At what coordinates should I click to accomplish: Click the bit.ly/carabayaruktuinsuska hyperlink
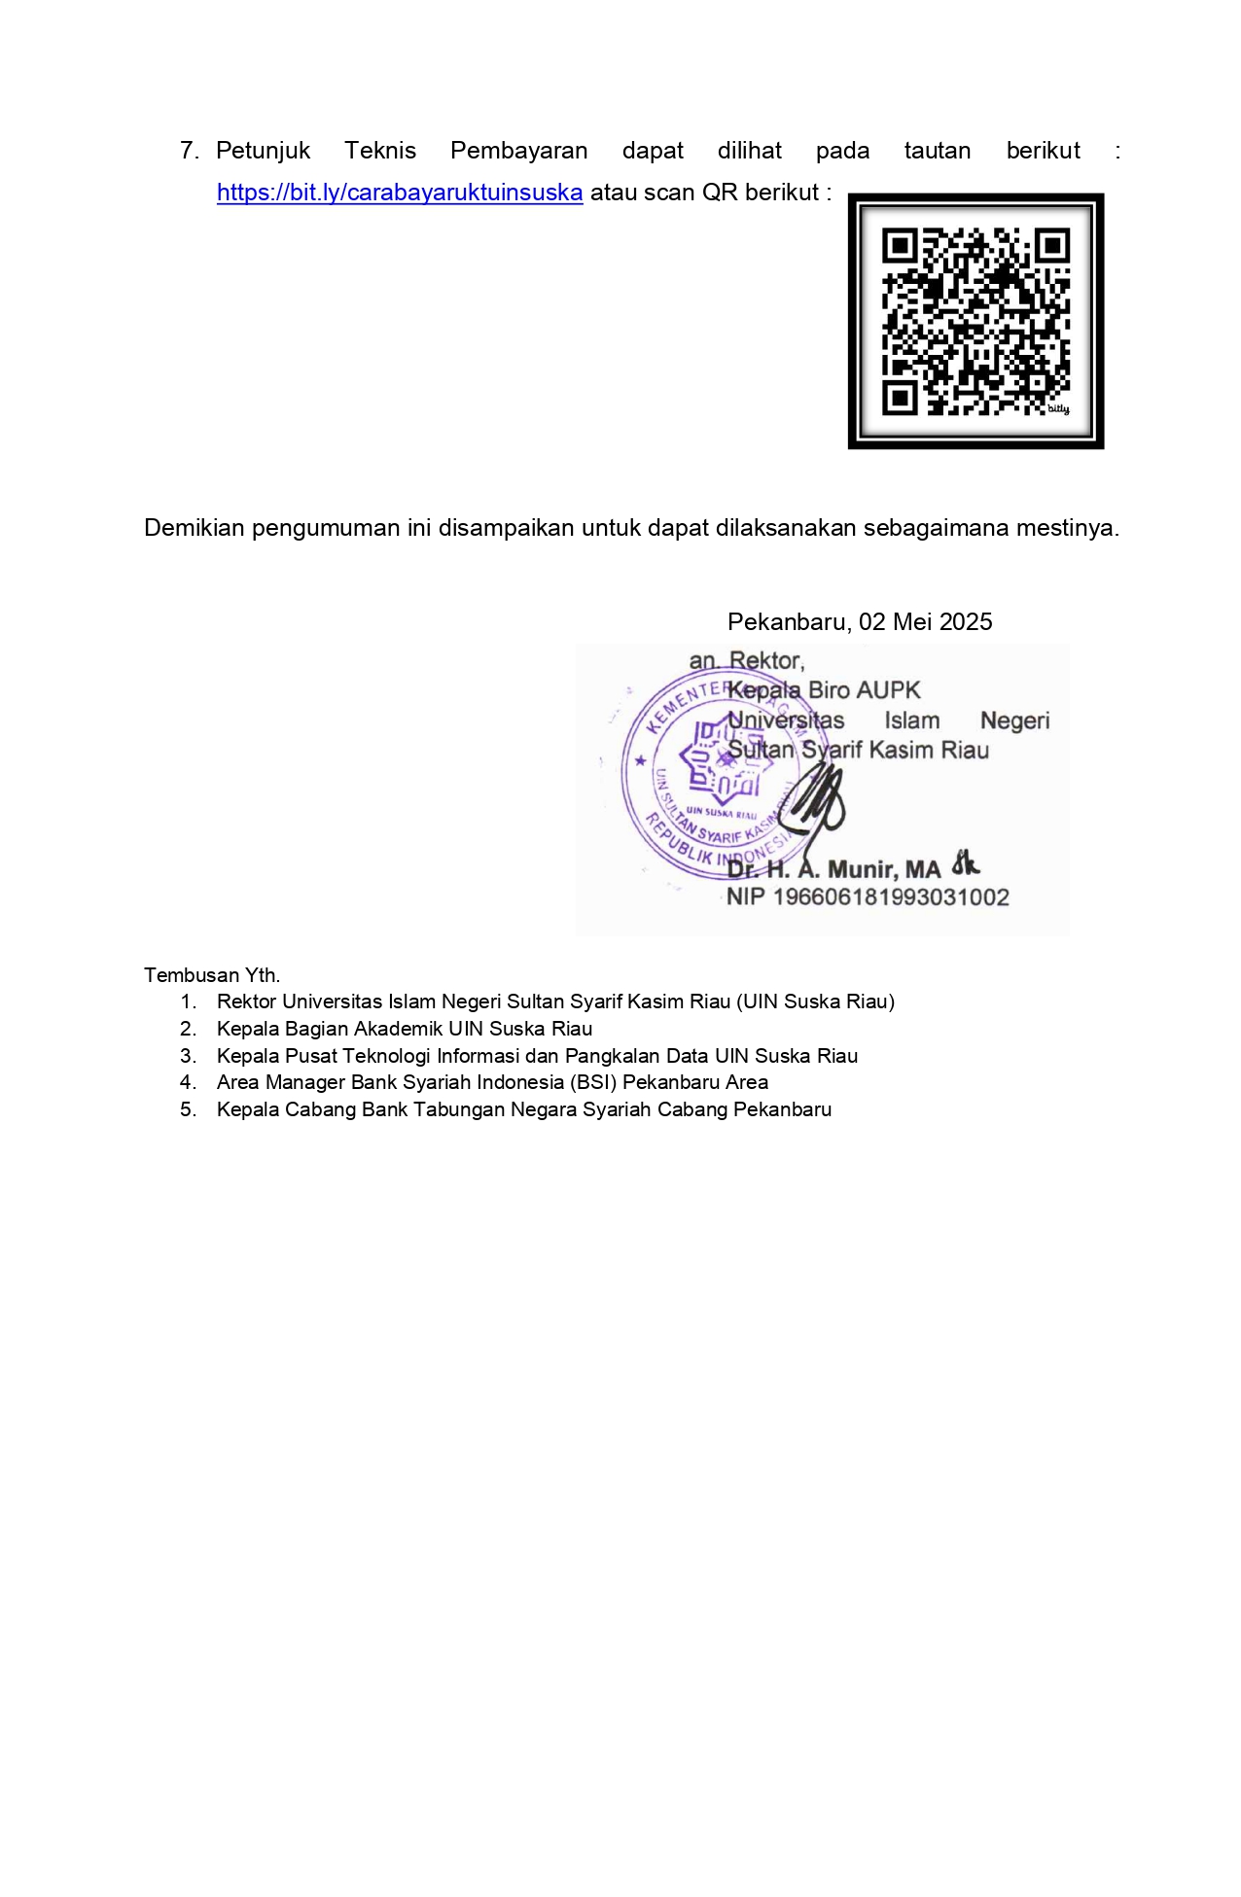point(399,193)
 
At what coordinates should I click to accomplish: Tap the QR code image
point(975,321)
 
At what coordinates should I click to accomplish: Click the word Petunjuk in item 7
point(263,151)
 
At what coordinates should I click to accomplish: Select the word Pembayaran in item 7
point(518,151)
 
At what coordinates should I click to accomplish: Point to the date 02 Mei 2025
point(925,622)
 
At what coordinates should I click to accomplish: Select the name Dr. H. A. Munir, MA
point(833,869)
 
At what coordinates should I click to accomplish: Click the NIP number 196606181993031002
point(890,896)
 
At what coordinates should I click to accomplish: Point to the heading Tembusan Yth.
point(212,975)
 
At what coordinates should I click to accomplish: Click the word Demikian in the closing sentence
point(195,528)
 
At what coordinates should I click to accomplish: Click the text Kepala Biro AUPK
point(824,690)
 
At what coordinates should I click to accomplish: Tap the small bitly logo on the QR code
point(1058,409)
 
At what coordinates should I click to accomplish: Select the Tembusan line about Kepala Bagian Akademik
point(404,1029)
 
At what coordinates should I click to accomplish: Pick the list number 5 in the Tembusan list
point(188,1109)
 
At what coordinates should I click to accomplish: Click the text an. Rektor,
point(746,661)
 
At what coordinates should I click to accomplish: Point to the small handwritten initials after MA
point(965,862)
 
